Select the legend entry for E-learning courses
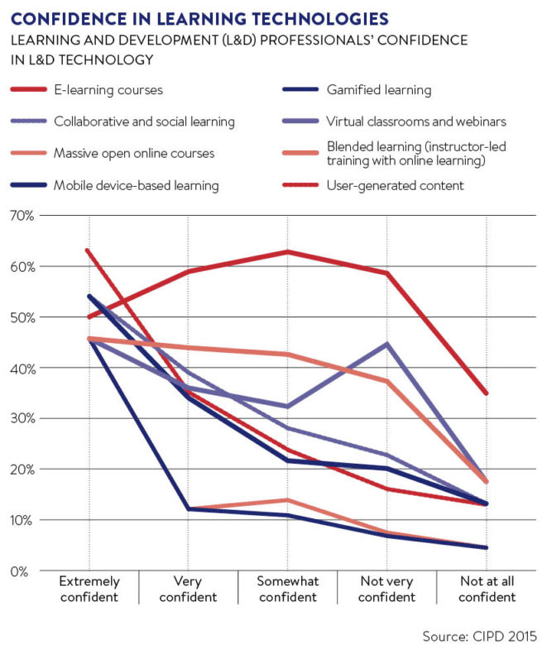coord(108,90)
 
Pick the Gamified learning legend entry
coord(379,90)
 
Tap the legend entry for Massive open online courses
coord(133,154)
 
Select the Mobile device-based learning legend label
coord(136,185)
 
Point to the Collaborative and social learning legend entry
coord(144,122)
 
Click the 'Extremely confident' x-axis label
coord(89,589)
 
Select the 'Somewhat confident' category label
coord(287,589)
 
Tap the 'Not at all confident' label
coord(486,589)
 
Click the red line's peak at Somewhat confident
coord(287,251)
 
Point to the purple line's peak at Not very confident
coord(386,343)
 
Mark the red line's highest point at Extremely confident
coord(89,250)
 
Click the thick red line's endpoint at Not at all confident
coord(486,393)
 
